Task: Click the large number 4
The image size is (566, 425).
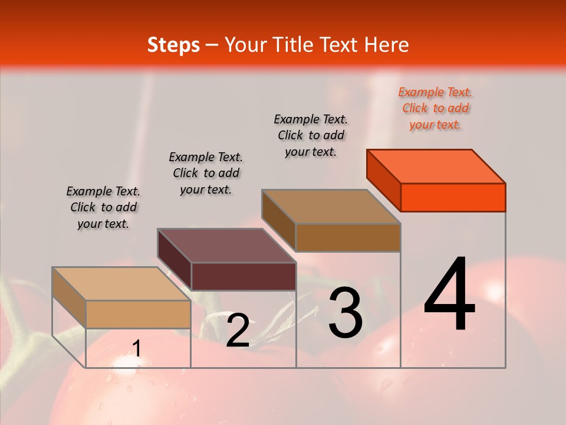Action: tap(450, 295)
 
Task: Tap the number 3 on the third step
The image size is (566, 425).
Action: tap(345, 313)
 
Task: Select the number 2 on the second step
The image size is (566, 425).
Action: tap(238, 331)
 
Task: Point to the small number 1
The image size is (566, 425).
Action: tap(136, 349)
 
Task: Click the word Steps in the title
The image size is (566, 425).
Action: tap(173, 45)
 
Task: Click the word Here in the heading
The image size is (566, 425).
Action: tap(387, 45)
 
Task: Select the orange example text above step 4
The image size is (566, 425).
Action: tap(436, 108)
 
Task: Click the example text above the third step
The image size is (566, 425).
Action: tap(311, 135)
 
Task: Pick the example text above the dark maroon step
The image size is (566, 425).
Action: tap(206, 173)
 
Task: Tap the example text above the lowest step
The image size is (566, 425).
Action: tap(103, 207)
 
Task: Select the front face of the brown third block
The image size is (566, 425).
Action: tap(348, 237)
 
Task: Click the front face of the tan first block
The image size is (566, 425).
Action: tap(138, 314)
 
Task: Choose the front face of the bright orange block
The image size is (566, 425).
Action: tap(453, 197)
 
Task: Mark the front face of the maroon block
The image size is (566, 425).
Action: tap(243, 276)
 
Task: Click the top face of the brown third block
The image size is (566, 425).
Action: tap(331, 207)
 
